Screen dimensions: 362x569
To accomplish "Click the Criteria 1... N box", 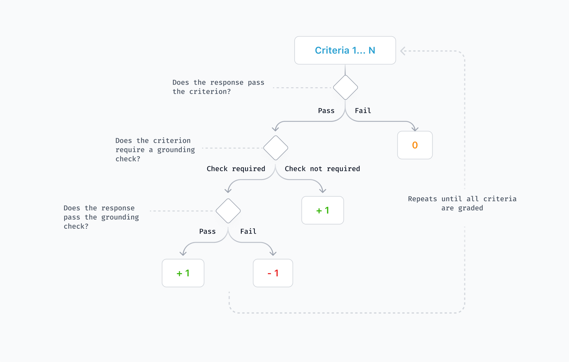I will [x=345, y=50].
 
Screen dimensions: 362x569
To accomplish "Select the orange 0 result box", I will [x=415, y=145].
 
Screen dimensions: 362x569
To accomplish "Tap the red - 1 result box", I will [x=273, y=273].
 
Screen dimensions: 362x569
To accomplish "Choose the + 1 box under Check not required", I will [x=322, y=210].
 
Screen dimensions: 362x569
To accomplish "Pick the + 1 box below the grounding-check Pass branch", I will [x=183, y=273].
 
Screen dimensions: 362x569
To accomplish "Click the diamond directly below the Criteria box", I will [x=345, y=88].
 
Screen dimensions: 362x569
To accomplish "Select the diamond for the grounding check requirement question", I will [x=275, y=148].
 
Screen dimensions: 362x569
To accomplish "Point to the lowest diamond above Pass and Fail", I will [x=228, y=211].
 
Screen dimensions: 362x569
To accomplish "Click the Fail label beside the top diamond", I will [x=363, y=111].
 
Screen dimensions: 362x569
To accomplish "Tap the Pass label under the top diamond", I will [x=326, y=111].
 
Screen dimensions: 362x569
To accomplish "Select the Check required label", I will [x=236, y=169].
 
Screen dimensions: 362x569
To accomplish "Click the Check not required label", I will [x=322, y=169].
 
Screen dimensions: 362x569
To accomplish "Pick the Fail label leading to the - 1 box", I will [x=248, y=232].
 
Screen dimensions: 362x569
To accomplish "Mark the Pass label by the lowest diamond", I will [x=207, y=232].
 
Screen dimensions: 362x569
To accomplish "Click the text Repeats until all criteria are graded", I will [x=462, y=203].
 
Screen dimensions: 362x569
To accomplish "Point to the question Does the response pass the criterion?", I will [x=218, y=87].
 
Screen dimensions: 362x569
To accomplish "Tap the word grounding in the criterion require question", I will [x=176, y=150].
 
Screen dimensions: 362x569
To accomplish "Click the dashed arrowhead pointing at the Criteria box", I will [x=403, y=51].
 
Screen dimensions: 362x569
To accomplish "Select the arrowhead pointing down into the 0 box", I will [x=415, y=129].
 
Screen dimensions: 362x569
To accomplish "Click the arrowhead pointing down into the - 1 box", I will [x=273, y=254].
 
